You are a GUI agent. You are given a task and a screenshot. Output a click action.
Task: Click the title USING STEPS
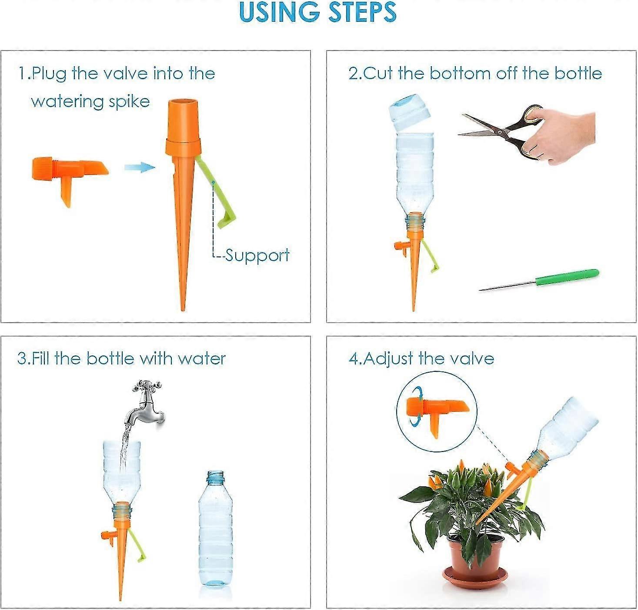click(317, 12)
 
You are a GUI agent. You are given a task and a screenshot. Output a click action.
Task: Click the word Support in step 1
click(257, 255)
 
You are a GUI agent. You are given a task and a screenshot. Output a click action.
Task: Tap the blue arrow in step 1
click(139, 168)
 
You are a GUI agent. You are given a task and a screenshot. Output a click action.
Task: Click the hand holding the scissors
click(561, 135)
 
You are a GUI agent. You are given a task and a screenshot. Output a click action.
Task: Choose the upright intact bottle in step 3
click(215, 531)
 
